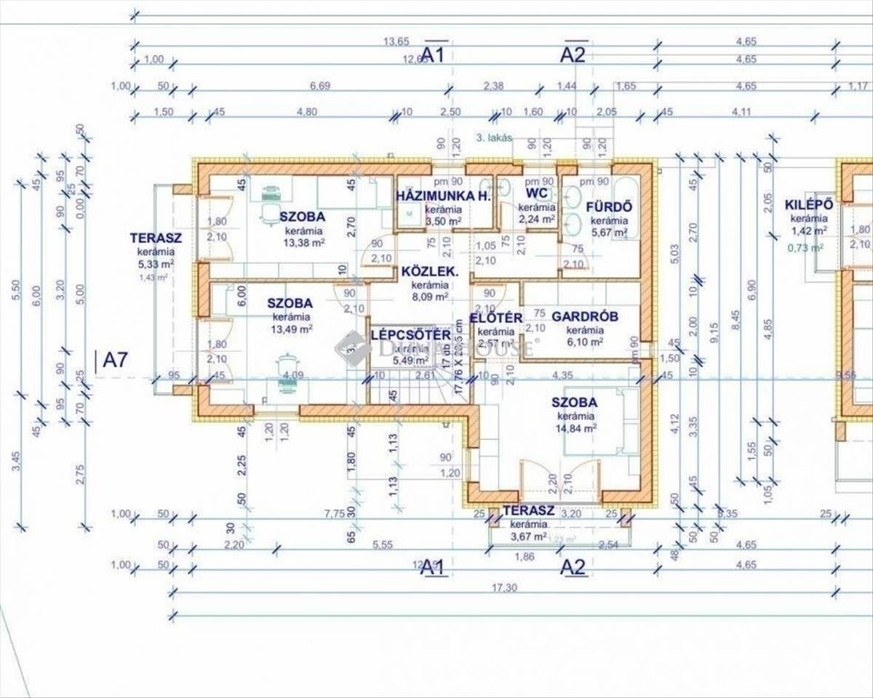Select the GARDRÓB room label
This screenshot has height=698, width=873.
pos(584,316)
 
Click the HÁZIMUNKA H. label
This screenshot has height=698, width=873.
pos(444,196)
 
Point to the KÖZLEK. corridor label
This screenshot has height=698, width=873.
pos(429,273)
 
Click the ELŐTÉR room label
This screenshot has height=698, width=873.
pos(496,318)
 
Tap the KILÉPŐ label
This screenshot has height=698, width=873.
pos(808,204)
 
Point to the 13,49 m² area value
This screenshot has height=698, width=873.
pos(292,329)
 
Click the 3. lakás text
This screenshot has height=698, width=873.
pos(494,137)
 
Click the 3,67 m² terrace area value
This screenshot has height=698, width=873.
pos(528,537)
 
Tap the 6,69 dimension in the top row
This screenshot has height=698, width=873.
pos(320,86)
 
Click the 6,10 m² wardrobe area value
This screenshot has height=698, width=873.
pos(585,342)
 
